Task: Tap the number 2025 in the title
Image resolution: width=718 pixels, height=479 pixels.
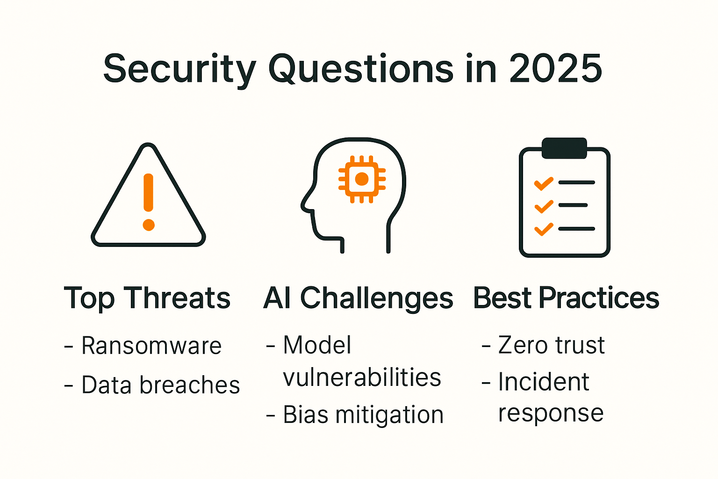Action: tap(555, 69)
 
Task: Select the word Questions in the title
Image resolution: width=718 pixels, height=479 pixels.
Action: tap(360, 69)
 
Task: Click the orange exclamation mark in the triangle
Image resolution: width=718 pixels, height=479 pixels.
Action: tap(149, 201)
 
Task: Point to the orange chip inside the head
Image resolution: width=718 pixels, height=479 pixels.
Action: tap(362, 179)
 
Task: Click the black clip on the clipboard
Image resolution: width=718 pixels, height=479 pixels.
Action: tap(564, 148)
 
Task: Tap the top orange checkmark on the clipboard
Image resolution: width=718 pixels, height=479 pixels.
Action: tap(544, 183)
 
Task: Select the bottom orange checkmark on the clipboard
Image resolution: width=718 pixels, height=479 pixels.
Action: tap(544, 229)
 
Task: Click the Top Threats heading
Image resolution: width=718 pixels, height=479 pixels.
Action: tap(147, 298)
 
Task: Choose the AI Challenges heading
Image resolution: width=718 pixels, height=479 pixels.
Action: tap(358, 298)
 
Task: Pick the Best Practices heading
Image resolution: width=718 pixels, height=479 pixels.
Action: tap(566, 298)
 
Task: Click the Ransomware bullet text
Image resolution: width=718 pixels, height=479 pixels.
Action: tap(151, 346)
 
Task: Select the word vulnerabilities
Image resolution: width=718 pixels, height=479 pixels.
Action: tap(362, 377)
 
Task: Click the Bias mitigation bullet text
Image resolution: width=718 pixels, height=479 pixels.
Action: tap(363, 415)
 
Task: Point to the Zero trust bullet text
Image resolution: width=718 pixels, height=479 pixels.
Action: tap(551, 346)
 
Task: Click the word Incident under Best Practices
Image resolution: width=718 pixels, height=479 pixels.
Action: tap(543, 382)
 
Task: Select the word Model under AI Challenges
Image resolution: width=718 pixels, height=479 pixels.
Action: tap(317, 346)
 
